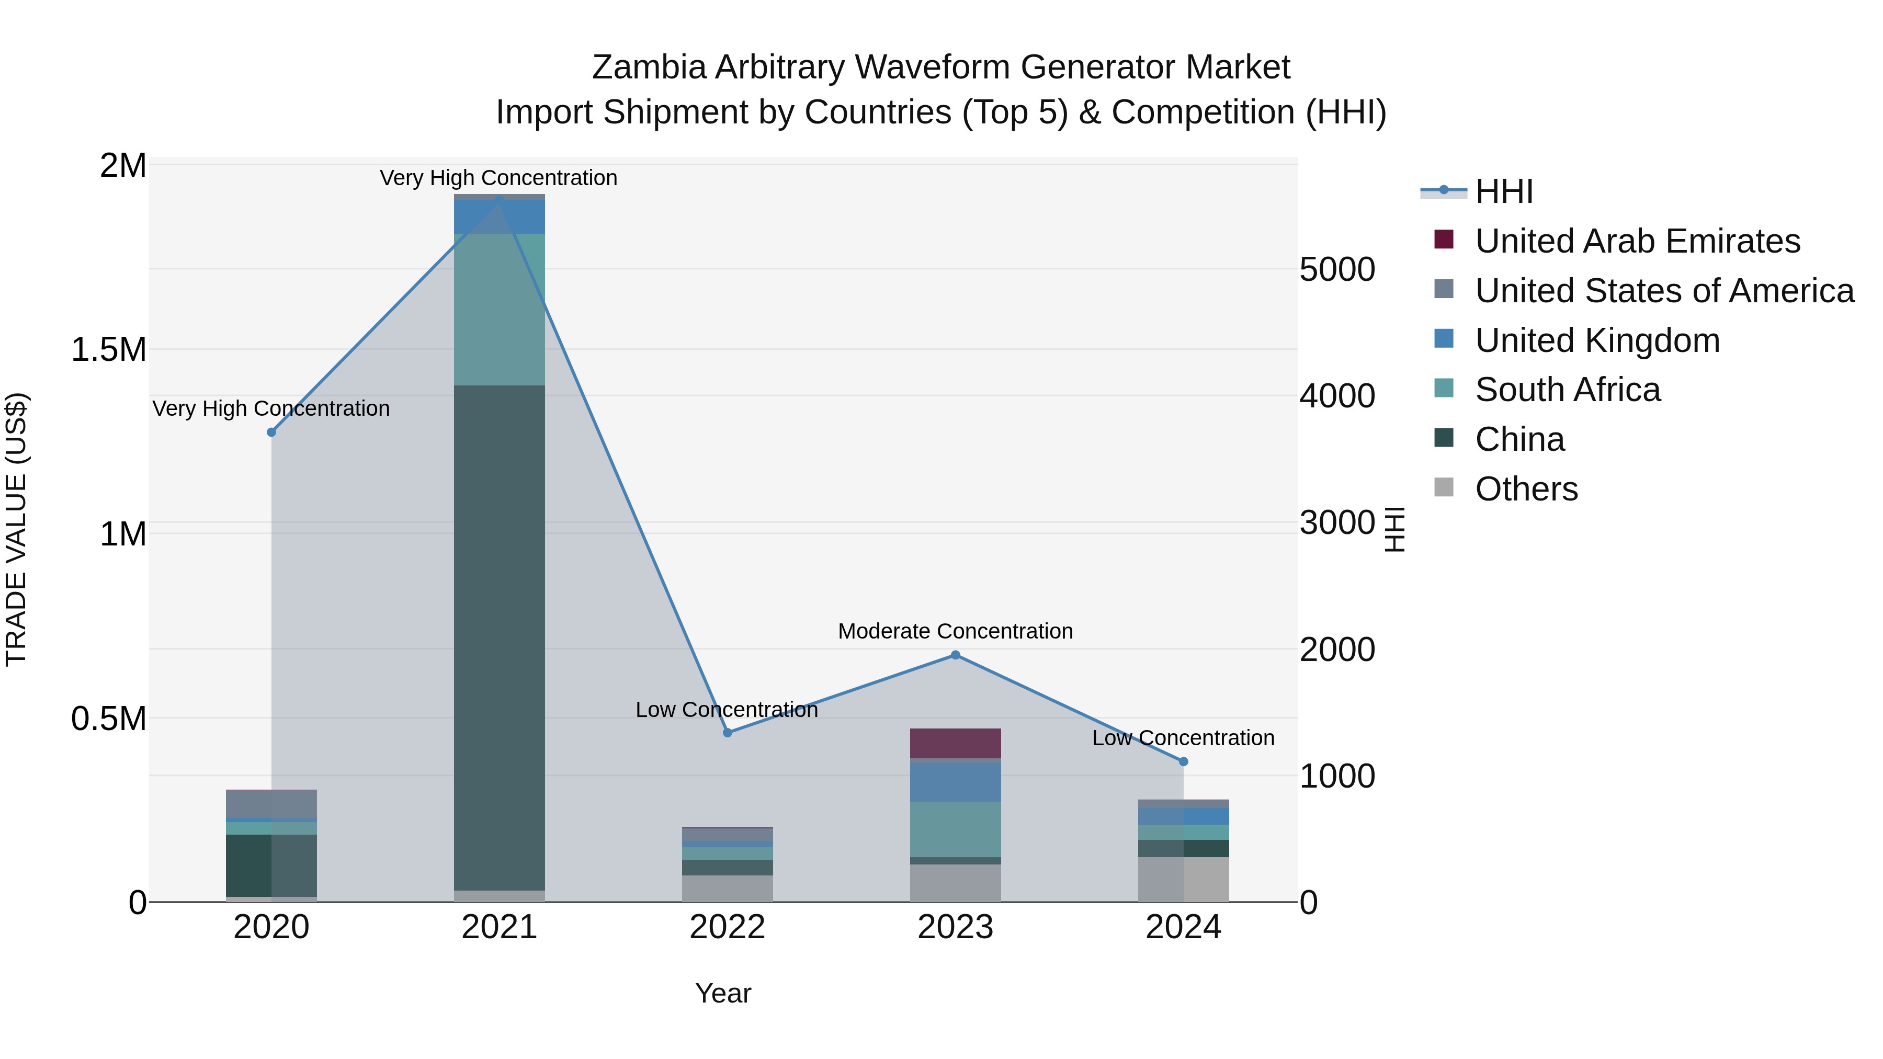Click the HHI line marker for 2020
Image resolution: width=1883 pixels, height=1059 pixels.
[x=271, y=432]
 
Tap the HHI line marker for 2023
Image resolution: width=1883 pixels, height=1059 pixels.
[x=956, y=655]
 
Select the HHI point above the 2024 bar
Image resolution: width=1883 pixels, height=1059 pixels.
[x=1184, y=761]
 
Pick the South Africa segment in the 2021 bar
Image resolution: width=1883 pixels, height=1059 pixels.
[x=500, y=309]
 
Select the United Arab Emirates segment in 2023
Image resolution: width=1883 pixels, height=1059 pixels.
[x=956, y=743]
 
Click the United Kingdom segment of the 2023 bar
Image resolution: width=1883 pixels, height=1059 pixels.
[x=956, y=782]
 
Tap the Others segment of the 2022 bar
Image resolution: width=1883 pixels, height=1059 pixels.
[x=728, y=888]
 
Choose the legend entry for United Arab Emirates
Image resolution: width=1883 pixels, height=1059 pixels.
[x=1637, y=241]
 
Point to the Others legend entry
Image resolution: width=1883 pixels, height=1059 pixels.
[x=1526, y=489]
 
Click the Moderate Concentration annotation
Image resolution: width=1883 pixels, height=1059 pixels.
[x=956, y=631]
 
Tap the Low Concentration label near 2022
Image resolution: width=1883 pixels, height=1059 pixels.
[x=727, y=710]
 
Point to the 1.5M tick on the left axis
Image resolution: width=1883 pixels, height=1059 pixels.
[x=108, y=349]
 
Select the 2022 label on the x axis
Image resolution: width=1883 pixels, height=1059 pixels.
[x=728, y=927]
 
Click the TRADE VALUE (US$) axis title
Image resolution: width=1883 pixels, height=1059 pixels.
[x=16, y=529]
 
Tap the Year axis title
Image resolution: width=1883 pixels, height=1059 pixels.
[x=723, y=993]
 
